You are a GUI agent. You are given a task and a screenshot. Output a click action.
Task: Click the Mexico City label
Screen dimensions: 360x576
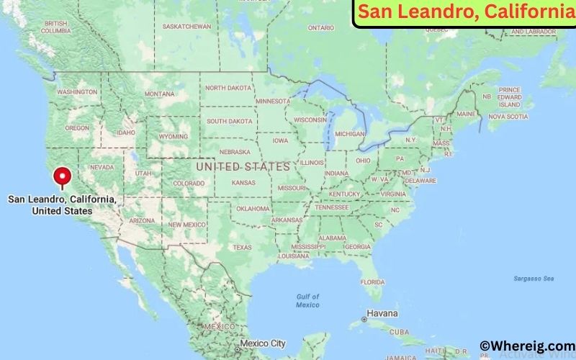[264, 343]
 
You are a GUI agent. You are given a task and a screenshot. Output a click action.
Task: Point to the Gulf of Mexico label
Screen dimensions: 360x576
[307, 300]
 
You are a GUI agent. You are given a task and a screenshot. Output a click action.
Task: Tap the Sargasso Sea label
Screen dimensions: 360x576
[534, 278]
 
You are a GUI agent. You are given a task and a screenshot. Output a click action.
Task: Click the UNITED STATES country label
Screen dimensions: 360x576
[243, 166]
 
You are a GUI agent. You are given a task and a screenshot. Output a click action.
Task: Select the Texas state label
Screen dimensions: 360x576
[242, 247]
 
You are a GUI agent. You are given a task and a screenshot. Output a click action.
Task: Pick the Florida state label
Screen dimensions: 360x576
[372, 281]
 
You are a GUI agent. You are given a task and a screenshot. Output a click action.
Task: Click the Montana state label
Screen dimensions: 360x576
[159, 94]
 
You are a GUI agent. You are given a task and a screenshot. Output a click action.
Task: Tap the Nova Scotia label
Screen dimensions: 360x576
[503, 116]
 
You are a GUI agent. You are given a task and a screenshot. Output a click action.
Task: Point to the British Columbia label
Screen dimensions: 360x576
[55, 27]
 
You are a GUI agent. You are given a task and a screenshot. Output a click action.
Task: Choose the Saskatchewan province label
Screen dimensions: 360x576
[186, 27]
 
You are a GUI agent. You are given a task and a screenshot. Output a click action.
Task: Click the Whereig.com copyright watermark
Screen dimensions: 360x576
[528, 346]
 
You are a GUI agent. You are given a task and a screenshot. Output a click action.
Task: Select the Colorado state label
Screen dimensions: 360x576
[189, 183]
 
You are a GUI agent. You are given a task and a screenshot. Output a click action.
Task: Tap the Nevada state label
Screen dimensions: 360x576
[101, 166]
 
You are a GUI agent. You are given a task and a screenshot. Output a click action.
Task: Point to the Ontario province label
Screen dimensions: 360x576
[321, 28]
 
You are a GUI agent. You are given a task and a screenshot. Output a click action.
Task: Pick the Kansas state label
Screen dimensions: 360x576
[243, 183]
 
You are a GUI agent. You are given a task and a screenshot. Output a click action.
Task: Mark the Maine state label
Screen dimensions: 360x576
[466, 114]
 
